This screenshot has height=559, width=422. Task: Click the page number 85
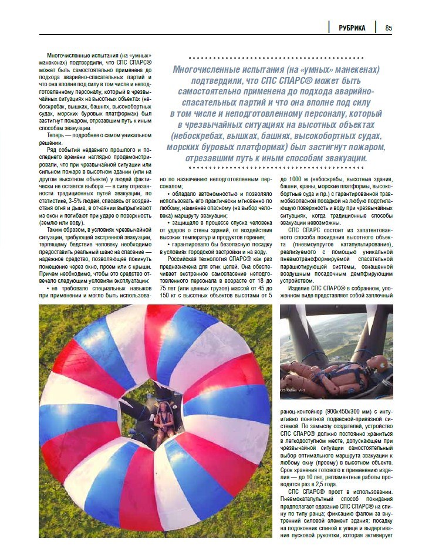pyautogui.click(x=389, y=28)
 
